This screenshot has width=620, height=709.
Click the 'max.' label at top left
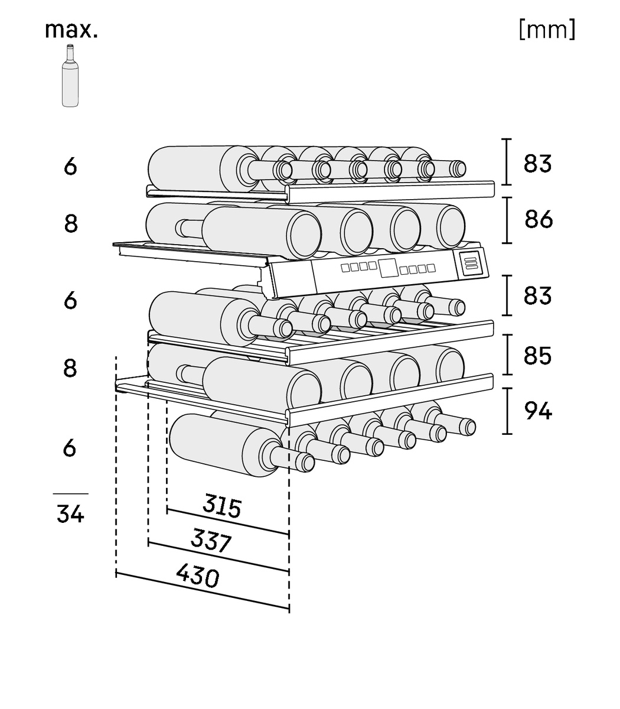point(71,30)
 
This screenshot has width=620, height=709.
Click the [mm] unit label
point(546,30)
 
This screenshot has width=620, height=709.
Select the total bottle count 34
point(70,514)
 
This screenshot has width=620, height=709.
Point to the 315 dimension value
point(222,506)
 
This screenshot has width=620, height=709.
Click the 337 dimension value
point(211,540)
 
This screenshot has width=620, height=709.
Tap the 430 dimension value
point(197,575)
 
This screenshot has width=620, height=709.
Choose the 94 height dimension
point(538,411)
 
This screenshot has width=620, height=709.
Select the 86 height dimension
point(539,220)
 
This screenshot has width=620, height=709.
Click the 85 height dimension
point(537,356)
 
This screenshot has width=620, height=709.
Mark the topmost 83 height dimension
point(537,163)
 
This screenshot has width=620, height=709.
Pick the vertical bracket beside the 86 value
point(507,220)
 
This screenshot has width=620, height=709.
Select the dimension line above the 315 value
point(227,521)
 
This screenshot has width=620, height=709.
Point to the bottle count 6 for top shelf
point(70,167)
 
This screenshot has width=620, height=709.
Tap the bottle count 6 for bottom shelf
point(70,448)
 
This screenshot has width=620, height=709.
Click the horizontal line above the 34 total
point(70,493)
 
